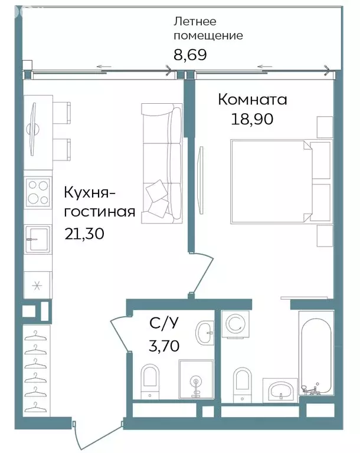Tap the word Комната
252,100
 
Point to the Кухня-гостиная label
100,202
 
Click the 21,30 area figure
84,234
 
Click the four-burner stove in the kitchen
38,192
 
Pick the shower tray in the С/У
196,380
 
